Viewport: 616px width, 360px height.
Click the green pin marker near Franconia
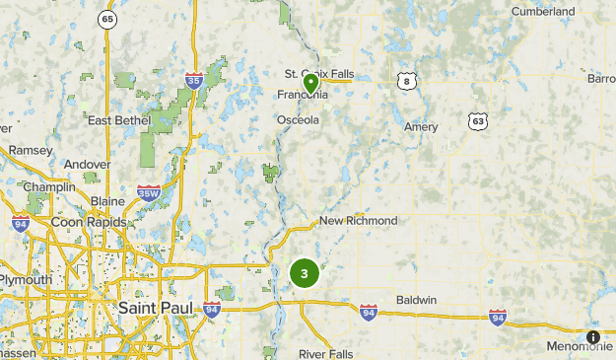(x=310, y=84)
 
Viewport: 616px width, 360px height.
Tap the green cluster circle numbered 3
(x=305, y=273)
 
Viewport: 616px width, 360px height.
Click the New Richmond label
(x=358, y=221)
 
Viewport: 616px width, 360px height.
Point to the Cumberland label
(x=543, y=12)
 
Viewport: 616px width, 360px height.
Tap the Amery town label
(x=421, y=127)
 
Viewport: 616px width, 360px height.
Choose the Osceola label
(x=298, y=120)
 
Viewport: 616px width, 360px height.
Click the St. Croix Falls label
(x=318, y=73)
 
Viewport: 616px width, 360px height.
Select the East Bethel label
(x=119, y=120)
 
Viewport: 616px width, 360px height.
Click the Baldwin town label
(x=416, y=300)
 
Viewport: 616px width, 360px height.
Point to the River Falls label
(x=326, y=353)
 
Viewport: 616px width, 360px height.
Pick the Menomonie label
(x=581, y=346)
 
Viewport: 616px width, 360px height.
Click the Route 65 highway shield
(x=107, y=20)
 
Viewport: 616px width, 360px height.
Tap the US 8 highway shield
(x=406, y=81)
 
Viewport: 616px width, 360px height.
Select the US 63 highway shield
(x=478, y=120)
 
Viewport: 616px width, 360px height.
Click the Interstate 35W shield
(x=149, y=192)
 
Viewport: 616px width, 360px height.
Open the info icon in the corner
(x=593, y=337)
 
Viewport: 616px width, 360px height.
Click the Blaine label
(x=107, y=201)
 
